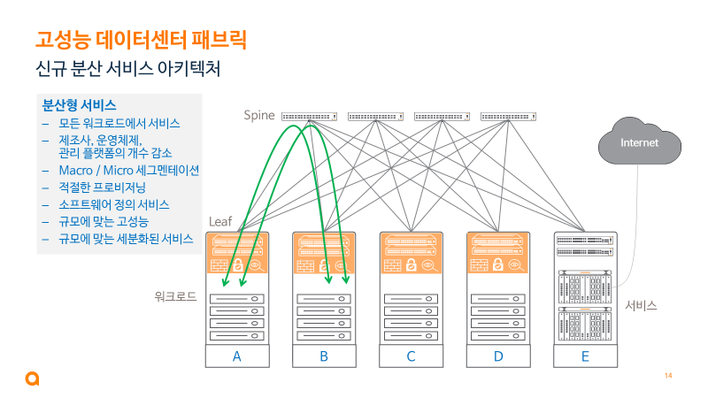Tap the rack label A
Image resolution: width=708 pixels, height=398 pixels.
(x=236, y=356)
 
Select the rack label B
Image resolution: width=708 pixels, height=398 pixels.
(x=324, y=356)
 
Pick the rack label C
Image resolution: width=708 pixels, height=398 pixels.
(x=411, y=356)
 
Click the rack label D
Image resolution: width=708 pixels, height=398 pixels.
(x=498, y=356)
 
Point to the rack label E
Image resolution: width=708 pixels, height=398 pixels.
(x=585, y=356)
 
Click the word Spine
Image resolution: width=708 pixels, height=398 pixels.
(x=259, y=116)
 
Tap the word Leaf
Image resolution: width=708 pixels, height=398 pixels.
(x=219, y=220)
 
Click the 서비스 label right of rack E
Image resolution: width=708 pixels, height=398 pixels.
(x=641, y=305)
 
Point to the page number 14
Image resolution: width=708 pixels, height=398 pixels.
(x=668, y=378)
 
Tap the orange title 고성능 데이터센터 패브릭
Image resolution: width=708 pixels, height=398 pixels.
(x=140, y=39)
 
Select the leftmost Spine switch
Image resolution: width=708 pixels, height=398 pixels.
(x=309, y=116)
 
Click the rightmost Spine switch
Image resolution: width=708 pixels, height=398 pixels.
(x=508, y=116)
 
